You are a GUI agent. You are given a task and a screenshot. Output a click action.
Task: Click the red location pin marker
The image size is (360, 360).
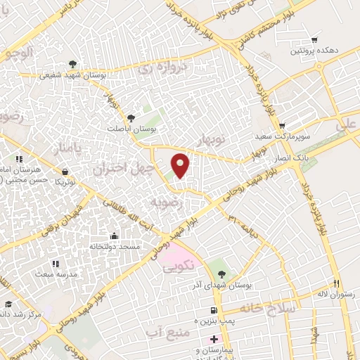tap(181, 166)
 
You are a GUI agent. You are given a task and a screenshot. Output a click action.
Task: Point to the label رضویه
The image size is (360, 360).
tap(167, 202)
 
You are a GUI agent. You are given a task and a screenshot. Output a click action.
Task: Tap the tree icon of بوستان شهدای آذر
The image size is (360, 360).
tap(223, 274)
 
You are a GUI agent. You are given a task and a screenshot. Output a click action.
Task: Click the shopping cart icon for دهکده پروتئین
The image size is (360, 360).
tap(314, 39)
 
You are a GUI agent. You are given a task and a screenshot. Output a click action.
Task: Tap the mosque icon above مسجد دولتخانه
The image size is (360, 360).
tap(114, 236)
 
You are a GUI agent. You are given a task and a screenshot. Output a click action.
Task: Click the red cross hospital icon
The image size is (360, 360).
tap(214, 339)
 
